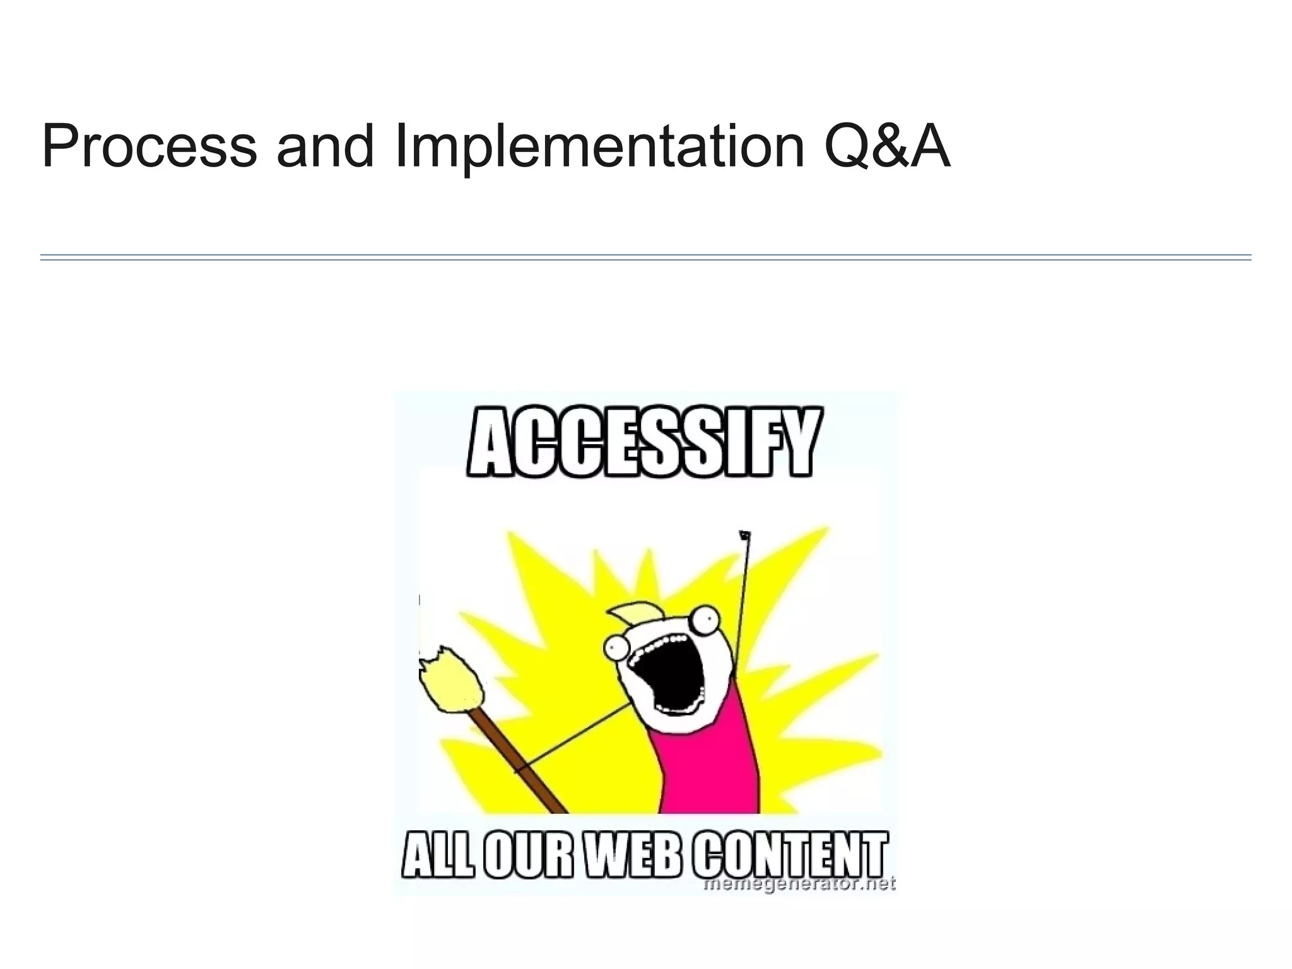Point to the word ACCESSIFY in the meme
coord(644,442)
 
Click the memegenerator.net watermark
coord(800,884)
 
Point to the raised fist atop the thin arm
coord(745,536)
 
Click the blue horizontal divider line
coord(645,257)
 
